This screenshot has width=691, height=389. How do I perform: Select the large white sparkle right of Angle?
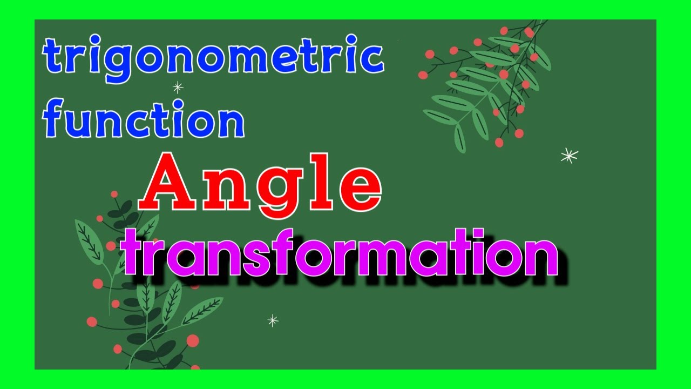pyautogui.click(x=569, y=156)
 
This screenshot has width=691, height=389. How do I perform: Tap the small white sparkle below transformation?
pyautogui.click(x=273, y=320)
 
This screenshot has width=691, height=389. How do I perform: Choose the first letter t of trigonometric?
pyautogui.click(x=53, y=57)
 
